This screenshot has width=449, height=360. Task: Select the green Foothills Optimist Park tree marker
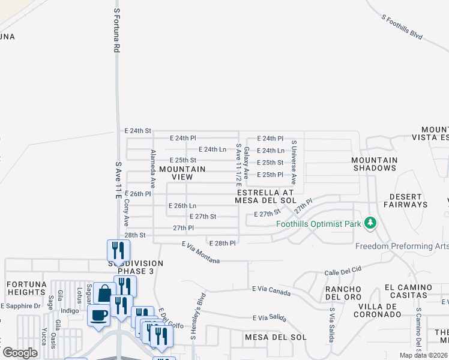click(x=371, y=224)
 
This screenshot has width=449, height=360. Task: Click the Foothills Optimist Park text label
click(x=319, y=224)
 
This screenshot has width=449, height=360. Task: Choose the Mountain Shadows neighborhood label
click(x=375, y=164)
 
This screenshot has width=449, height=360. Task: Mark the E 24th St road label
click(x=137, y=130)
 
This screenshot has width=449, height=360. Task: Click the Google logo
click(x=20, y=352)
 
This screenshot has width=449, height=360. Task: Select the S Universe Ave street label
click(x=294, y=162)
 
